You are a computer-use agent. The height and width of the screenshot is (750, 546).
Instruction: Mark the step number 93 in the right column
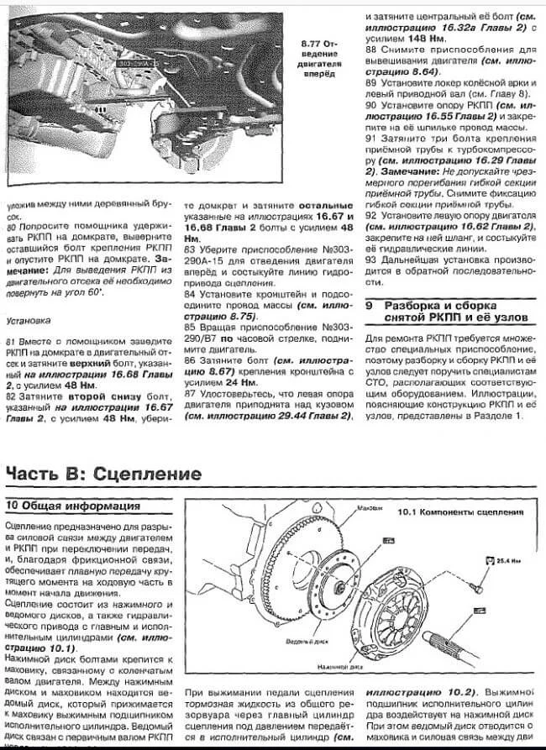click(x=370, y=260)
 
